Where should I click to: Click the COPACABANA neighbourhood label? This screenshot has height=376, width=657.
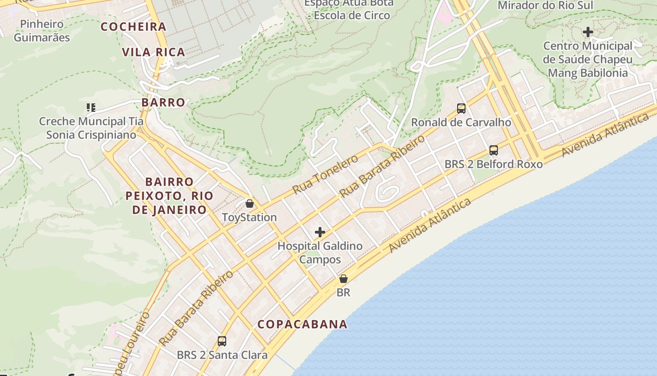pos(303,324)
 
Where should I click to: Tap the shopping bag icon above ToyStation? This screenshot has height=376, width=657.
pos(250,204)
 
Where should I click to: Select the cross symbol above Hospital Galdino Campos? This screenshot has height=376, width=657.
pos(320,232)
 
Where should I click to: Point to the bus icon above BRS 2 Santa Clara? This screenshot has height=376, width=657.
pos(222,341)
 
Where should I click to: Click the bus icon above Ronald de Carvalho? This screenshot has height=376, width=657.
pos(461,109)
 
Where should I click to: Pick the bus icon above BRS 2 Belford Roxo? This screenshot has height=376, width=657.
pos(494,150)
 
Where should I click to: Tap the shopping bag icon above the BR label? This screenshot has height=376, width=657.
pos(344,279)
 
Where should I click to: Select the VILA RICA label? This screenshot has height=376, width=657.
pos(153,52)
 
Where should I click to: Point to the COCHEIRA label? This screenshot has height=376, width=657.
pos(134,27)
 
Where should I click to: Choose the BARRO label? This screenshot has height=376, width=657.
pos(163,102)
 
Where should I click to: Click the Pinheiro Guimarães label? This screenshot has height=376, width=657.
pos(42,31)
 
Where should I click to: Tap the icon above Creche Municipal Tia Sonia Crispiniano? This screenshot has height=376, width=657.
pos(91,108)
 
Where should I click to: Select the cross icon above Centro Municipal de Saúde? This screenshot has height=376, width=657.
pos(588,32)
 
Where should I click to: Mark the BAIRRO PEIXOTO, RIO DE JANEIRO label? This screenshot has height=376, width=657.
pos(169,196)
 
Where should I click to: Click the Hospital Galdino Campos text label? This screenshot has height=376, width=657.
pos(320,252)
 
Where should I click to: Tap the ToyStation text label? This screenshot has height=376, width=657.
pos(249,217)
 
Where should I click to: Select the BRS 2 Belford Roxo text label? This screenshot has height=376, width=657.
pos(494,164)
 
